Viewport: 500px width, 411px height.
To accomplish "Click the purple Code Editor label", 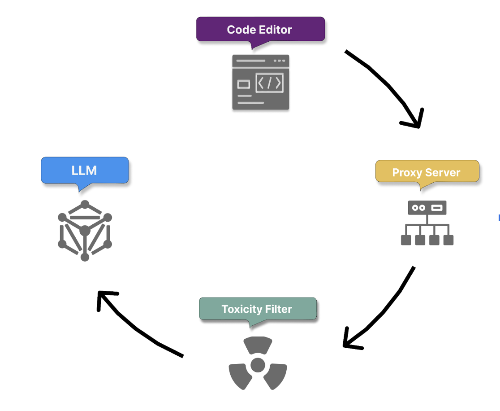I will tap(260, 30).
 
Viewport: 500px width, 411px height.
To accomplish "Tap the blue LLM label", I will tap(85, 170).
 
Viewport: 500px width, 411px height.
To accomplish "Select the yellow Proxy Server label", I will tap(427, 172).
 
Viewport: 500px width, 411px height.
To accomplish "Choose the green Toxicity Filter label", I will tap(257, 309).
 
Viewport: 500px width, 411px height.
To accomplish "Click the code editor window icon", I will tap(260, 82).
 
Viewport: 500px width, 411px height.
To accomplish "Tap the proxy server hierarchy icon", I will tap(427, 223).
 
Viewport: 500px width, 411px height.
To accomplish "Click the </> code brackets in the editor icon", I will tap(269, 83).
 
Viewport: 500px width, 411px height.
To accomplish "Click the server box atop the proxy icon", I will tap(427, 208).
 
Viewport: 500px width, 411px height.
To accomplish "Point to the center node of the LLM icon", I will tap(85, 231).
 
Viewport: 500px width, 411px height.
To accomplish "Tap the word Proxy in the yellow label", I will tap(404, 173).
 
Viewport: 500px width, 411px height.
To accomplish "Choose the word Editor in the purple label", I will tap(276, 30).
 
